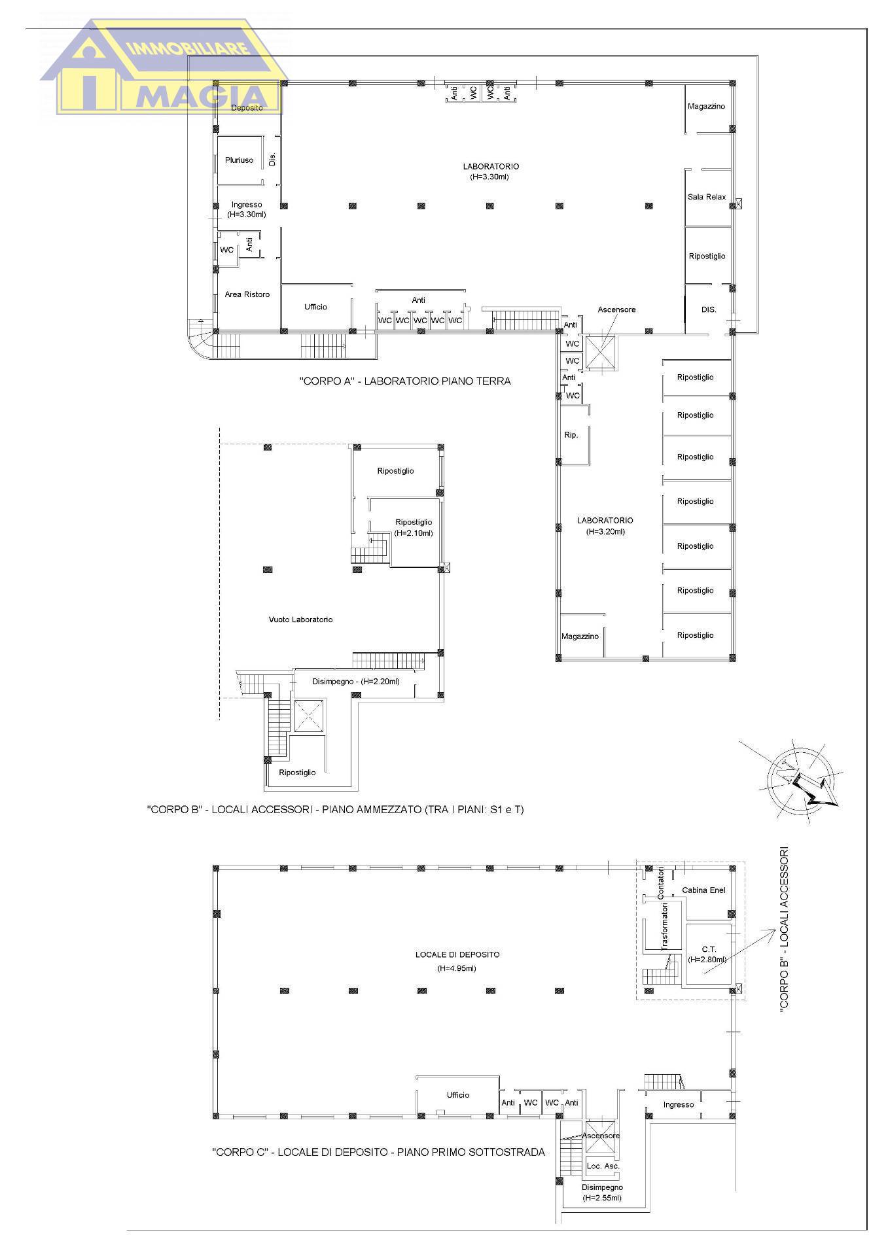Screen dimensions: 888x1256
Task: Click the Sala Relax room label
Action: [x=706, y=197]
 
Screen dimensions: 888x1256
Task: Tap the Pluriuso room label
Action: [x=239, y=160]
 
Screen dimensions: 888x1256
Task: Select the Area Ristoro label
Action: [x=247, y=294]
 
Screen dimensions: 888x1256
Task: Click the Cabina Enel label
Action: [x=703, y=890]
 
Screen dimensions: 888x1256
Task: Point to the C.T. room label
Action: [x=709, y=949]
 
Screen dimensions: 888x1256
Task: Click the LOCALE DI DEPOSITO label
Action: [x=457, y=954]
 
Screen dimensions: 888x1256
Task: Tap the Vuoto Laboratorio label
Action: [x=300, y=619]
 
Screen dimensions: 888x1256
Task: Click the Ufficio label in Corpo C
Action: [x=458, y=1095]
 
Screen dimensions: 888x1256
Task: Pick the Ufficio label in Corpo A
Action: [x=315, y=307]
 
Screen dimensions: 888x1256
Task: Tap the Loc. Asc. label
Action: [x=603, y=1166]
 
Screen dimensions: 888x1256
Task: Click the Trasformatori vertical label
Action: [x=664, y=926]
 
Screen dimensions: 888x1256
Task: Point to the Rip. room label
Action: [x=571, y=435]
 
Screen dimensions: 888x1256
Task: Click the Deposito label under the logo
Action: [x=247, y=108]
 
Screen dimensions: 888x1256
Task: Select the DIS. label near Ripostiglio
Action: [x=709, y=309]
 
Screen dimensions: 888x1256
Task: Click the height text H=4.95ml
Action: [x=457, y=968]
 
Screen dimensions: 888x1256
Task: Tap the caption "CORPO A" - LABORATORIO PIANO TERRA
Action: [x=405, y=381]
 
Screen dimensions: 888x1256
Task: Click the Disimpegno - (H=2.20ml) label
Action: [x=355, y=682]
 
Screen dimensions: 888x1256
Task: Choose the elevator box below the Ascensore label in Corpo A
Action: [x=600, y=353]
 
